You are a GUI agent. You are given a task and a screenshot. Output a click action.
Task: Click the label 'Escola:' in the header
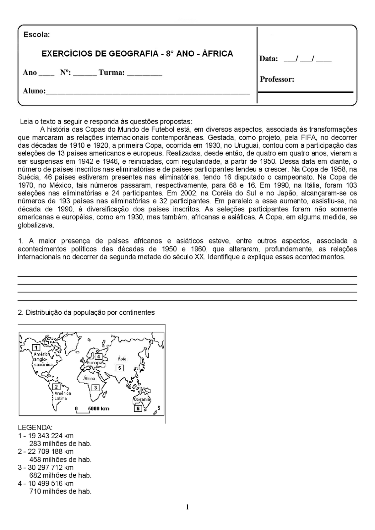36,35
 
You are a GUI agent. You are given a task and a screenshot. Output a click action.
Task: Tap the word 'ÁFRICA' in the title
217,54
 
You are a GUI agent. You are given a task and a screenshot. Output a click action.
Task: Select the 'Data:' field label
269,59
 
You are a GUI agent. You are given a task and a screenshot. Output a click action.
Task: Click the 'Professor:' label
277,79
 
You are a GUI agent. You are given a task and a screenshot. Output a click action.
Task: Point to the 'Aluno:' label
34,91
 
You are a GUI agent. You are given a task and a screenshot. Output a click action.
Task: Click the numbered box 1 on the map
36,347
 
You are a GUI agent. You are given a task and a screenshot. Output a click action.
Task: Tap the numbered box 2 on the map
57,387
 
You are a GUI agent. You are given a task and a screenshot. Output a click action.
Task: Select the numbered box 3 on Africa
95,388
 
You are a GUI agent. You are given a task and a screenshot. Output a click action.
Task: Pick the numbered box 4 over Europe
98,357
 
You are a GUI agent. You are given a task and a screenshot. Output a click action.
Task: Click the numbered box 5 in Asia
119,368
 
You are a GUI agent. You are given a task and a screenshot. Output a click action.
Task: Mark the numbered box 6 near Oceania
138,408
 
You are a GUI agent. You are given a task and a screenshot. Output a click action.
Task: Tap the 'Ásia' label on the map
122,359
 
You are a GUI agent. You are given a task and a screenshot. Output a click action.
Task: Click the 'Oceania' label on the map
142,400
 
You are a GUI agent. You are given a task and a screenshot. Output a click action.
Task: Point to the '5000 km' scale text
98,409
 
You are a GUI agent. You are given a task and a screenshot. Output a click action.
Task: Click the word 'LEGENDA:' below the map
35,428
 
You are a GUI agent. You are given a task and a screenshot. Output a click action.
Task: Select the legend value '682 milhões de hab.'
60,475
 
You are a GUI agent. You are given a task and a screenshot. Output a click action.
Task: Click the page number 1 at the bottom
187,507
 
